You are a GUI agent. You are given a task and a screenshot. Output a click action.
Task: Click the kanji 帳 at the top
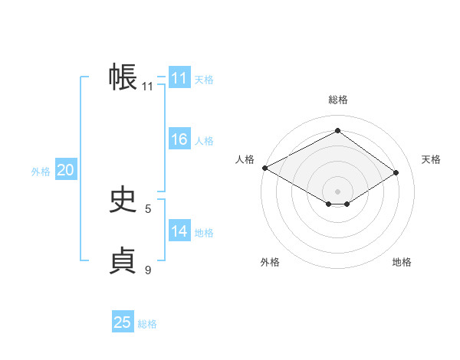(x=123, y=78)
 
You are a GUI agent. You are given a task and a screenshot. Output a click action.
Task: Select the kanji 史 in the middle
(x=123, y=201)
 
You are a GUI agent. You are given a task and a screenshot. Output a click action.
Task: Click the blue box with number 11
(x=179, y=78)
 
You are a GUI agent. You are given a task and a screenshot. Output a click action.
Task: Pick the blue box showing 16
(x=179, y=139)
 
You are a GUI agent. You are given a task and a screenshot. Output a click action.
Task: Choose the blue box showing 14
(x=179, y=231)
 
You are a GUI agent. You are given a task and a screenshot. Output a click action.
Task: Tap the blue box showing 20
(x=66, y=170)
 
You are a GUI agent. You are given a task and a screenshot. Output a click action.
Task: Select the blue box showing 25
(x=123, y=322)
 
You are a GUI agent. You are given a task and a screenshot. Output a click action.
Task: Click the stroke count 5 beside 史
(x=148, y=208)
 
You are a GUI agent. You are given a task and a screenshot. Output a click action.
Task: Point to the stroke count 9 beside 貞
(x=148, y=270)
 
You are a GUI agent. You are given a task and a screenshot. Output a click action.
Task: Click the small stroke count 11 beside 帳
(x=148, y=87)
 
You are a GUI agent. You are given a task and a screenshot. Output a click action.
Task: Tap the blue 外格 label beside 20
(x=41, y=172)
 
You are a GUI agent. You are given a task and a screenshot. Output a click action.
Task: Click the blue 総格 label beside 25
(x=147, y=324)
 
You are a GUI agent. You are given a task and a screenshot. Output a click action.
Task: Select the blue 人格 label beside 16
(x=204, y=141)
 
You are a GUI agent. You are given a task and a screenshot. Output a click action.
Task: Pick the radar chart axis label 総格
(x=337, y=100)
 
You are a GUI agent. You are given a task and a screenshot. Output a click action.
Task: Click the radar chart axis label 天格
(x=431, y=159)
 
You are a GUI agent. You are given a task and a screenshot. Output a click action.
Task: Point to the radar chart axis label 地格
(x=402, y=262)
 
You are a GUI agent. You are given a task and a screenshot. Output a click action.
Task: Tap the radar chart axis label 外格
(x=270, y=262)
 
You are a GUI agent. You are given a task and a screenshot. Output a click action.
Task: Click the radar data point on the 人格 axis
(x=264, y=167)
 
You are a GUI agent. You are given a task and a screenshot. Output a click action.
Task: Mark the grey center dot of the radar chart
(x=337, y=191)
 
